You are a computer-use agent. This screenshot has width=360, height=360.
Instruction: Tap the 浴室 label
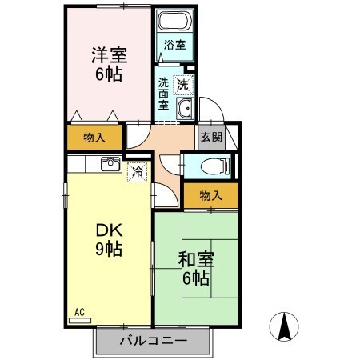click(x=175, y=46)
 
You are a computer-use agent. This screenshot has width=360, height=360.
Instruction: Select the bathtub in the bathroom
click(x=175, y=23)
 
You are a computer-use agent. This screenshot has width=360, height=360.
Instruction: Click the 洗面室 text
click(x=162, y=94)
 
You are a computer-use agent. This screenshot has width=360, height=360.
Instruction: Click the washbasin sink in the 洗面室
click(x=185, y=110)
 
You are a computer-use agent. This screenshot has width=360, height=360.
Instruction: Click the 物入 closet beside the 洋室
click(x=94, y=137)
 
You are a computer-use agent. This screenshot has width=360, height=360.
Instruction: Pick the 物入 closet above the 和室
click(x=210, y=194)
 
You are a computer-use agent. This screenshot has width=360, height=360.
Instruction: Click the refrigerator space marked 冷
click(x=138, y=170)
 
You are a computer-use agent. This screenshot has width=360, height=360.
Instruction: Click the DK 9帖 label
click(x=106, y=238)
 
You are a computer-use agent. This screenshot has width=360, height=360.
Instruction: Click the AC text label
click(x=79, y=311)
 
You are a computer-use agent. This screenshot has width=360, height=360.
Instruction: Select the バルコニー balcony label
click(x=154, y=342)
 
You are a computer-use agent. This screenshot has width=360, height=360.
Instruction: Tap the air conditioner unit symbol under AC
click(x=81, y=320)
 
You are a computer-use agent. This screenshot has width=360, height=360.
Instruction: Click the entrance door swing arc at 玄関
click(x=205, y=110)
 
